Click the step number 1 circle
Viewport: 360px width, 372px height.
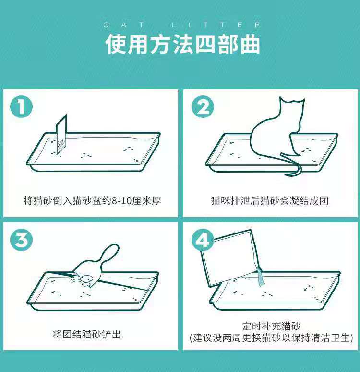tap(21, 106)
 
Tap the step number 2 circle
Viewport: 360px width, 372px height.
tap(203, 106)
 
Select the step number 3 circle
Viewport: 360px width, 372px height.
tap(21, 239)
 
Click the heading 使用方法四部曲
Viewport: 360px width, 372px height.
tap(182, 44)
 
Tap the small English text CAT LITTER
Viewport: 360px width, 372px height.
tap(182, 24)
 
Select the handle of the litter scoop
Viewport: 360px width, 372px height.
tap(110, 252)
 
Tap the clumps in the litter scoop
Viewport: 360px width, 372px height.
tap(82, 280)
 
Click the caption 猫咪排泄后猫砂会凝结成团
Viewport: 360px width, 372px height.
tap(270, 200)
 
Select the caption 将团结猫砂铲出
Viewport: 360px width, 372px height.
tap(87, 334)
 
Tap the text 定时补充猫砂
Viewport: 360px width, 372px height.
tap(271, 326)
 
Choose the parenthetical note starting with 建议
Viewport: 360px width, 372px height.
tap(271, 338)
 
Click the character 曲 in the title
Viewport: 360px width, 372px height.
tap(250, 44)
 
